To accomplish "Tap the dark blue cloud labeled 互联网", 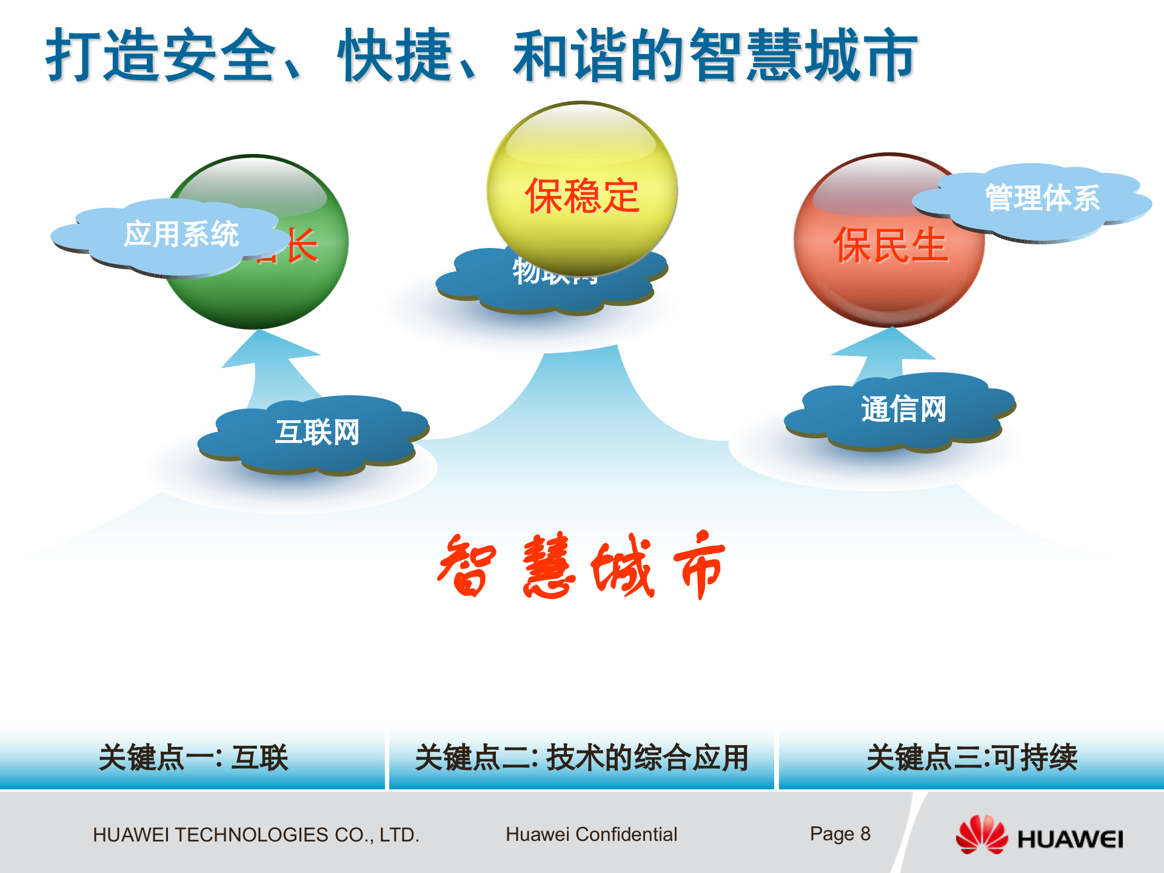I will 315,433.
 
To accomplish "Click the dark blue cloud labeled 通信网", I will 903,410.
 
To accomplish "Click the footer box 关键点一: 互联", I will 193,758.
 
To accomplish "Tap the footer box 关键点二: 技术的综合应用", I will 581,758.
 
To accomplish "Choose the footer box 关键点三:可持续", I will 971,758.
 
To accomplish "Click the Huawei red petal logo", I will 981,835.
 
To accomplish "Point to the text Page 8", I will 840,834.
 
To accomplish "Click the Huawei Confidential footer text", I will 591,835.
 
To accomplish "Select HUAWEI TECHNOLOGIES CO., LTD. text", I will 256,835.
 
